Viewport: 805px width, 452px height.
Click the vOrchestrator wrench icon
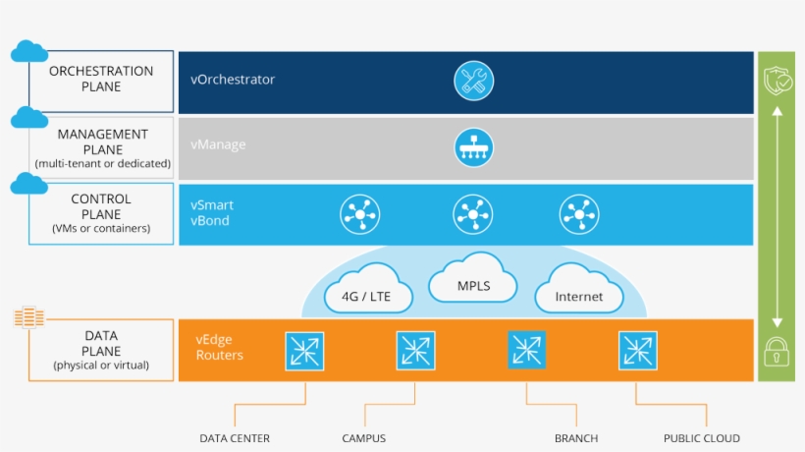473,80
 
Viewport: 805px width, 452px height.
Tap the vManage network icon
473,146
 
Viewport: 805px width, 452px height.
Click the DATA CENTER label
235,438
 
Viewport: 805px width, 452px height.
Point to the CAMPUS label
364,438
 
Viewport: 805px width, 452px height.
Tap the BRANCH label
575,438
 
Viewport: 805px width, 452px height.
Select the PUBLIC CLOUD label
702,438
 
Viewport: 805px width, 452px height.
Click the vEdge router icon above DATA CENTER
304,350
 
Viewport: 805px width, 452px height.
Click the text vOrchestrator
234,80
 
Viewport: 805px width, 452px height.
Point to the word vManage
219,145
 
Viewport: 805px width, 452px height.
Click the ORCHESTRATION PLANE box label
101,80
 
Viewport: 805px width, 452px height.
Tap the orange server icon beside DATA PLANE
30,317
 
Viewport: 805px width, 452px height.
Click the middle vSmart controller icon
473,213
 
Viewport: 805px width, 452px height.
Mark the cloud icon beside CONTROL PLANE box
29,183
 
